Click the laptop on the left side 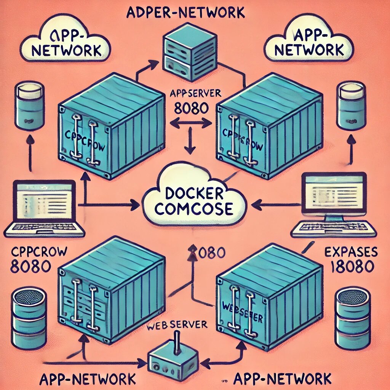click(44, 208)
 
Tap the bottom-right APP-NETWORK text click(282, 379)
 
